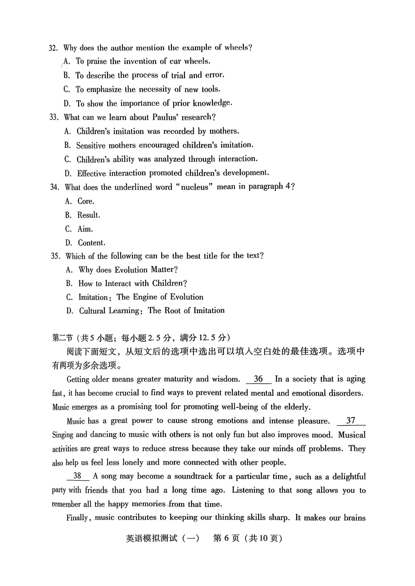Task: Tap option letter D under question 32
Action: click(67, 103)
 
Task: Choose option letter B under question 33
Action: click(67, 145)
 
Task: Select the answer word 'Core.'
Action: click(86, 201)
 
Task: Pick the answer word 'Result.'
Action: click(89, 215)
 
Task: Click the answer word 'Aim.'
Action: click(85, 229)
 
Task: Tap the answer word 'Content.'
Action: click(91, 243)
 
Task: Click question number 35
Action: click(56, 256)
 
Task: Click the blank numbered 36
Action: click(258, 379)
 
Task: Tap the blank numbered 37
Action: click(351, 420)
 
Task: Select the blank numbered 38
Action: click(77, 476)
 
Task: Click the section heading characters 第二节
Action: click(62, 338)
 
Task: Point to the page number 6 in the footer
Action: click(226, 538)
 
